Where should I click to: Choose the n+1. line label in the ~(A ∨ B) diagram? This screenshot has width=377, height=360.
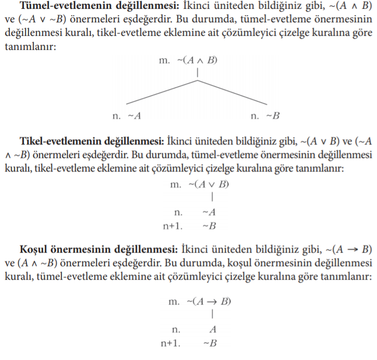pyautogui.click(x=173, y=226)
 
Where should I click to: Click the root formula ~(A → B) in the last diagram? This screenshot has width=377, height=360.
pyautogui.click(x=210, y=302)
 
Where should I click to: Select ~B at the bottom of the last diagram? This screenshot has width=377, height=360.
pyautogui.click(x=209, y=343)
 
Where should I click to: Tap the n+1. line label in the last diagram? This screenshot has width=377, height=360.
pyautogui.click(x=173, y=343)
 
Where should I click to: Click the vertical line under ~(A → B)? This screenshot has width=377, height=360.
pyautogui.click(x=213, y=314)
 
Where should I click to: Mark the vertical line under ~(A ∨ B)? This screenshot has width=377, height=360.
pyautogui.click(x=213, y=198)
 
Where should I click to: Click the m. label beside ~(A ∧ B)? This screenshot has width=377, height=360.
pyautogui.click(x=165, y=60)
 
